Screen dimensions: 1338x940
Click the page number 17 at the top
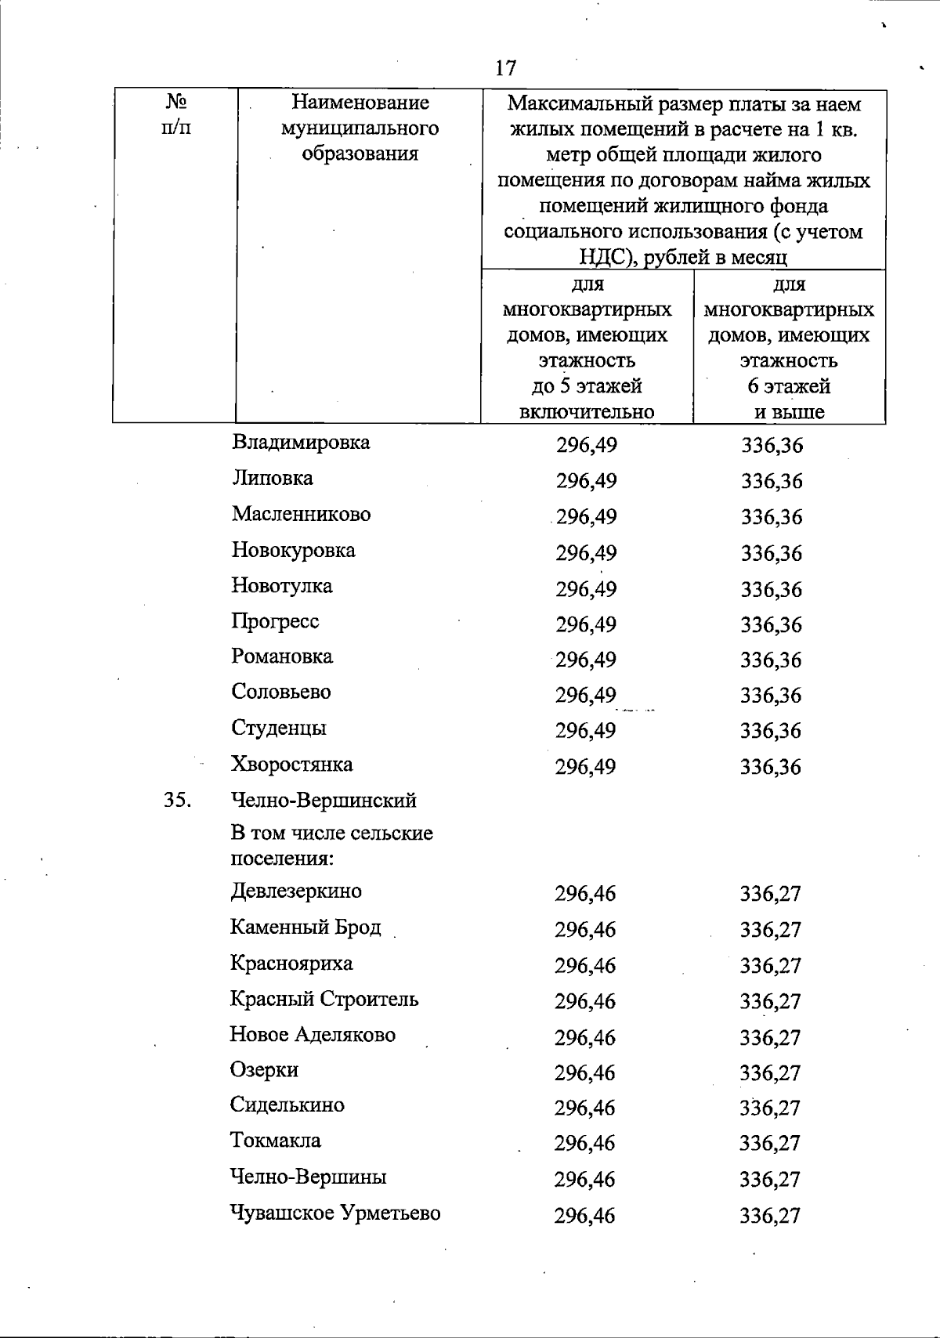[506, 68]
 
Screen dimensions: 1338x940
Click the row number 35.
[178, 800]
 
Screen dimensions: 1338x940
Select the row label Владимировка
[301, 443]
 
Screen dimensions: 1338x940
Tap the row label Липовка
[272, 478]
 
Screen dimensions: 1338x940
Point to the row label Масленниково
[301, 515]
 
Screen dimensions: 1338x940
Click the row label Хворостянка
[291, 764]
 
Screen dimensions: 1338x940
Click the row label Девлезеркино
[296, 891]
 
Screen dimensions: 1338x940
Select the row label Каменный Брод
[305, 928]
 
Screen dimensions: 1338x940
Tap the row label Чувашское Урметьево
[335, 1213]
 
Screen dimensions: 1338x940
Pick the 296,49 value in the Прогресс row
[586, 625]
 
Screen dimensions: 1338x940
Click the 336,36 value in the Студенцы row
[772, 731]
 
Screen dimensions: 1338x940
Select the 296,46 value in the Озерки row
[585, 1072]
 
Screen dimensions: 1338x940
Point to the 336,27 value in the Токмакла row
[770, 1144]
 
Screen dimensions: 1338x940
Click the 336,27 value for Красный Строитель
[771, 1002]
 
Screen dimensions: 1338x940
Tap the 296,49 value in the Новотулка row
[586, 589]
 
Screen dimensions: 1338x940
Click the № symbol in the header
[175, 102]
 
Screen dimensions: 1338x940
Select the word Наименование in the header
[360, 103]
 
